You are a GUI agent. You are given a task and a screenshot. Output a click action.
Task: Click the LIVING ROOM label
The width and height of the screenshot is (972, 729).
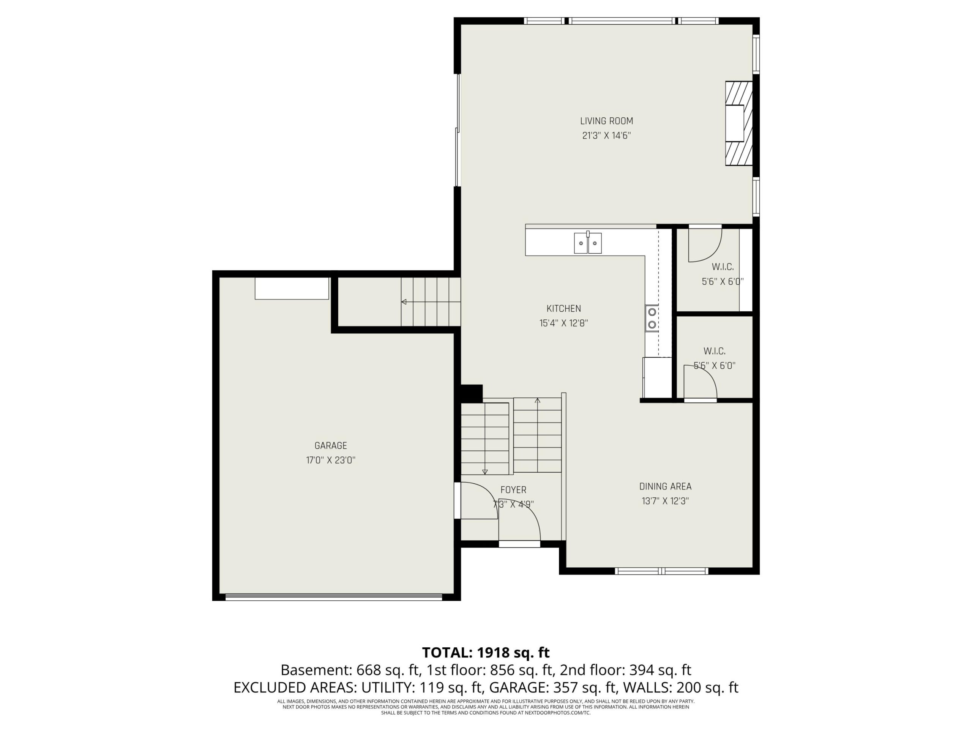pos(606,121)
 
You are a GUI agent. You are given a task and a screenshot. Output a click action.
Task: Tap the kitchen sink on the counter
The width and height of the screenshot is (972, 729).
pos(587,243)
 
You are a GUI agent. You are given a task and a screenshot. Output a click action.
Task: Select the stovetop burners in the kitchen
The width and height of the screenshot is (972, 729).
pos(652,318)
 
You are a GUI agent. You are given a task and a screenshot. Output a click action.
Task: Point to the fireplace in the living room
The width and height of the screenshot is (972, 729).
pos(738,123)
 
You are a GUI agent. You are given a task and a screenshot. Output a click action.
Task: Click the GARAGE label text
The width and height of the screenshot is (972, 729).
pos(330,446)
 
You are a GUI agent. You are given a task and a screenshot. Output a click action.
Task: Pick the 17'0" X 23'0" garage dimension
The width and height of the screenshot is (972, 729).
pos(330,460)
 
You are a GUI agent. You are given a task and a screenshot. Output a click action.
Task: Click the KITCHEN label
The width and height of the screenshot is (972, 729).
pos(564,308)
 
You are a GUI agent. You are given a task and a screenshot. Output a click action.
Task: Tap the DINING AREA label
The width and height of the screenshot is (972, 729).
pos(665,486)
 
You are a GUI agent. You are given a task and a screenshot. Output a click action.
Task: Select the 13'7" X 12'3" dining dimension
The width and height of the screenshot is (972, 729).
pos(665,501)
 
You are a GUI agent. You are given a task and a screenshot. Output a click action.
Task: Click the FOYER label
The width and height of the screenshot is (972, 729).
pos(513,489)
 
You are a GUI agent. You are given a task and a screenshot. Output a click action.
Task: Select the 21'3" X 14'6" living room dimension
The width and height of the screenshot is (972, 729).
pos(606,135)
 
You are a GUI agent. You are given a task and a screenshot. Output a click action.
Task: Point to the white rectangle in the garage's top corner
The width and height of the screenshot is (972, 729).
pos(292,288)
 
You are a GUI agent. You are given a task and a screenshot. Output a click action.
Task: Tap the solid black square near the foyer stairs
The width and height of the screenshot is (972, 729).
pos(472,393)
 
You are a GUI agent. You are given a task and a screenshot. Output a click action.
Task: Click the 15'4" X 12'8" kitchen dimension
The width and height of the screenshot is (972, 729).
pos(564,323)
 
